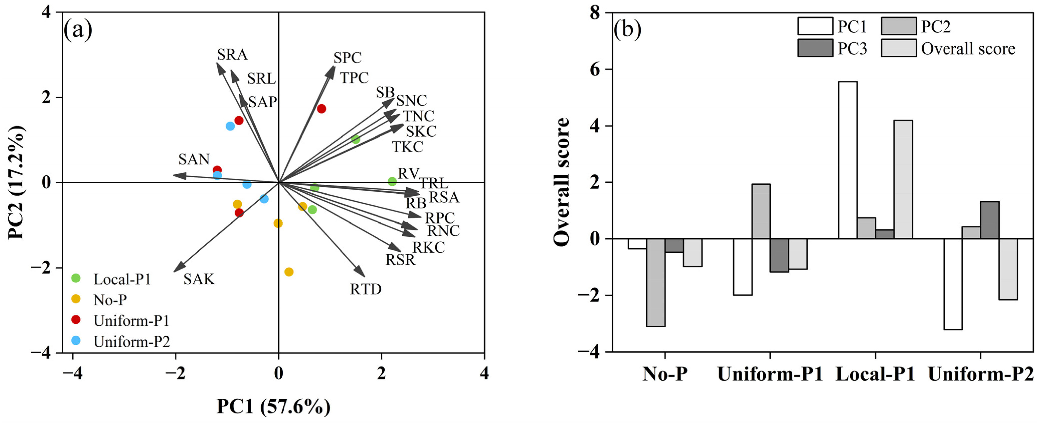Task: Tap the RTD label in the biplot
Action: click(x=365, y=289)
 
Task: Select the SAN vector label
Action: click(x=194, y=159)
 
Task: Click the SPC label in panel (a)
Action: click(x=347, y=58)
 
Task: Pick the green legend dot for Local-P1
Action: click(x=76, y=278)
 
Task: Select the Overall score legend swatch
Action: click(x=898, y=48)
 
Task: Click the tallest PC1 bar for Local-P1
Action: click(x=848, y=160)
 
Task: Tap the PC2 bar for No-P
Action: click(x=656, y=282)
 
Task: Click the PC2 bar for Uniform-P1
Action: click(x=761, y=211)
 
